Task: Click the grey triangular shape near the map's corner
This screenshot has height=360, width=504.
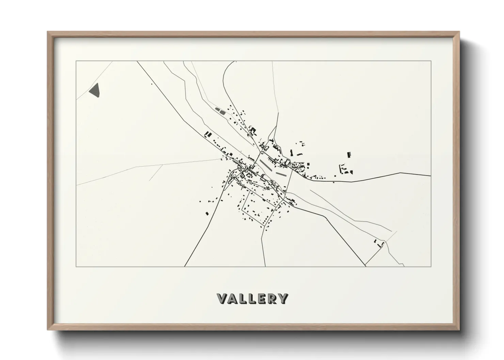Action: pyautogui.click(x=96, y=90)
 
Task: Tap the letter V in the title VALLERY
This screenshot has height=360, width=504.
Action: pyautogui.click(x=223, y=299)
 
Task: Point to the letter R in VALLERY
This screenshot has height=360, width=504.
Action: pyautogui.click(x=271, y=299)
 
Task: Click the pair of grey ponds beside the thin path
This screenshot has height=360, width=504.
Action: pyautogui.click(x=220, y=110)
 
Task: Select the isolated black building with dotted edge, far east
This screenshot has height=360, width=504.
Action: pyautogui.click(x=349, y=155)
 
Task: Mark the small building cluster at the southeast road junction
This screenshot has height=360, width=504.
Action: pyautogui.click(x=379, y=244)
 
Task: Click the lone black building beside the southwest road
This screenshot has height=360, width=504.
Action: pyautogui.click(x=206, y=213)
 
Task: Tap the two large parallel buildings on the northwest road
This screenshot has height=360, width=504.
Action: pyautogui.click(x=206, y=134)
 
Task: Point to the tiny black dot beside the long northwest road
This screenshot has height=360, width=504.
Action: pyautogui.click(x=152, y=84)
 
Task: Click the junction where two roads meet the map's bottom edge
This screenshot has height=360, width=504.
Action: pyautogui.click(x=366, y=266)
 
